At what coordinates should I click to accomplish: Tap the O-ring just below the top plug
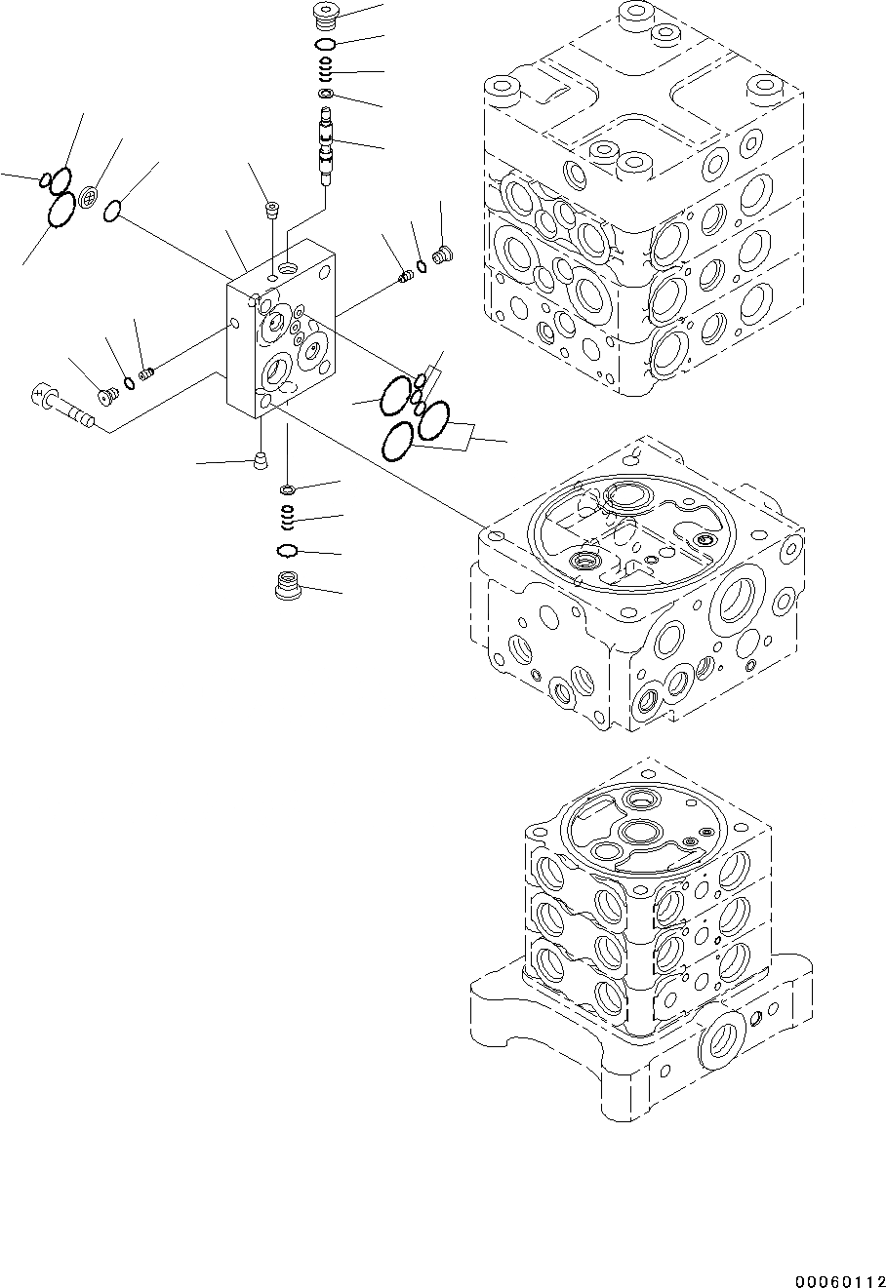[x=325, y=45]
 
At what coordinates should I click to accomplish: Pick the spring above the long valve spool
[x=326, y=70]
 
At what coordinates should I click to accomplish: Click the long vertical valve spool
[x=326, y=145]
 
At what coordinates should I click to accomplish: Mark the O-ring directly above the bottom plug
[x=288, y=551]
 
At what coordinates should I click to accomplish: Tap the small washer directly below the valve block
[x=288, y=488]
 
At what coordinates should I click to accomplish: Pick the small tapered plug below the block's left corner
[x=259, y=460]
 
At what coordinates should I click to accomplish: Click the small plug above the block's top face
[x=271, y=210]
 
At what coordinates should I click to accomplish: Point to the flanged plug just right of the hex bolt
[x=108, y=394]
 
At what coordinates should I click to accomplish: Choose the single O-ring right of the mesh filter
[x=113, y=209]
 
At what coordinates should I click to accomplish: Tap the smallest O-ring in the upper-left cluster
[x=45, y=179]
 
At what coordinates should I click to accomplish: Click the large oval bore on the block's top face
[x=290, y=266]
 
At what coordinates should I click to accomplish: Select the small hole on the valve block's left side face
[x=234, y=324]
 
